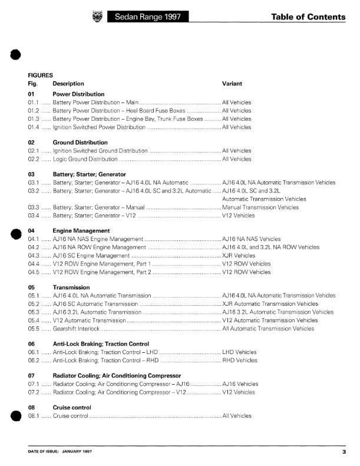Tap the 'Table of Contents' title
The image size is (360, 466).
click(x=309, y=17)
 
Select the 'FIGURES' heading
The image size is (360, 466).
click(x=41, y=75)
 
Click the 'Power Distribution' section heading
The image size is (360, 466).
click(x=78, y=94)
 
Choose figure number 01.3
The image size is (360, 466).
click(x=34, y=119)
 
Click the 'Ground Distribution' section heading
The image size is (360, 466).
click(x=80, y=143)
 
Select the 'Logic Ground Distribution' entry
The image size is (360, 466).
click(x=85, y=159)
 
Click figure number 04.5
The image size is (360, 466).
click(x=34, y=272)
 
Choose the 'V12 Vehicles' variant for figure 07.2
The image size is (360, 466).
click(x=240, y=392)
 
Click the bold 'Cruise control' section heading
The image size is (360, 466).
click(x=70, y=408)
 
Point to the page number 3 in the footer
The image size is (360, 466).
click(x=344, y=452)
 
